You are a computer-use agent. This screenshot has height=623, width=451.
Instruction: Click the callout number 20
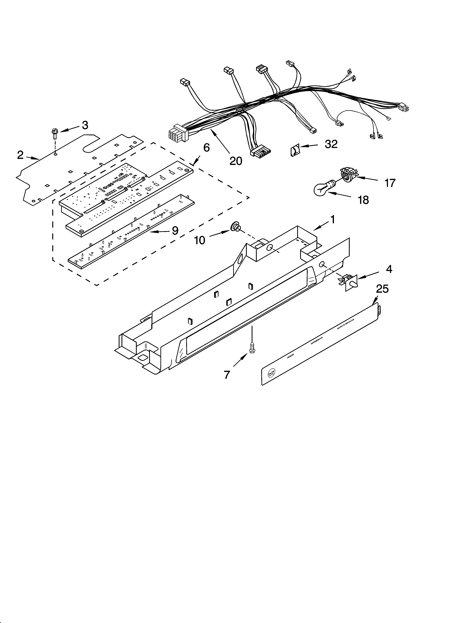tap(236, 161)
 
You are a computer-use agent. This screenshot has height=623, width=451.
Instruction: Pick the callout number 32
tap(331, 144)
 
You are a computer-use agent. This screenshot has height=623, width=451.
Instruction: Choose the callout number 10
tap(200, 240)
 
